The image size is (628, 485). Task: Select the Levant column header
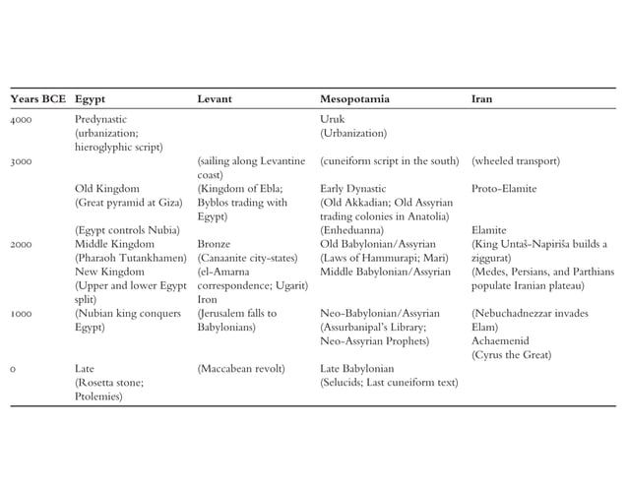215,99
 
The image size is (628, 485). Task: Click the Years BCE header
37,99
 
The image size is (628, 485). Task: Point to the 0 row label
13,369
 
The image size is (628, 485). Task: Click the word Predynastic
101,118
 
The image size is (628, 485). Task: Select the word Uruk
332,118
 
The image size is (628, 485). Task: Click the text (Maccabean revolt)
241,369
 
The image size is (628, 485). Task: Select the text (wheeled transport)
516,160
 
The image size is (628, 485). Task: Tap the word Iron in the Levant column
206,299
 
